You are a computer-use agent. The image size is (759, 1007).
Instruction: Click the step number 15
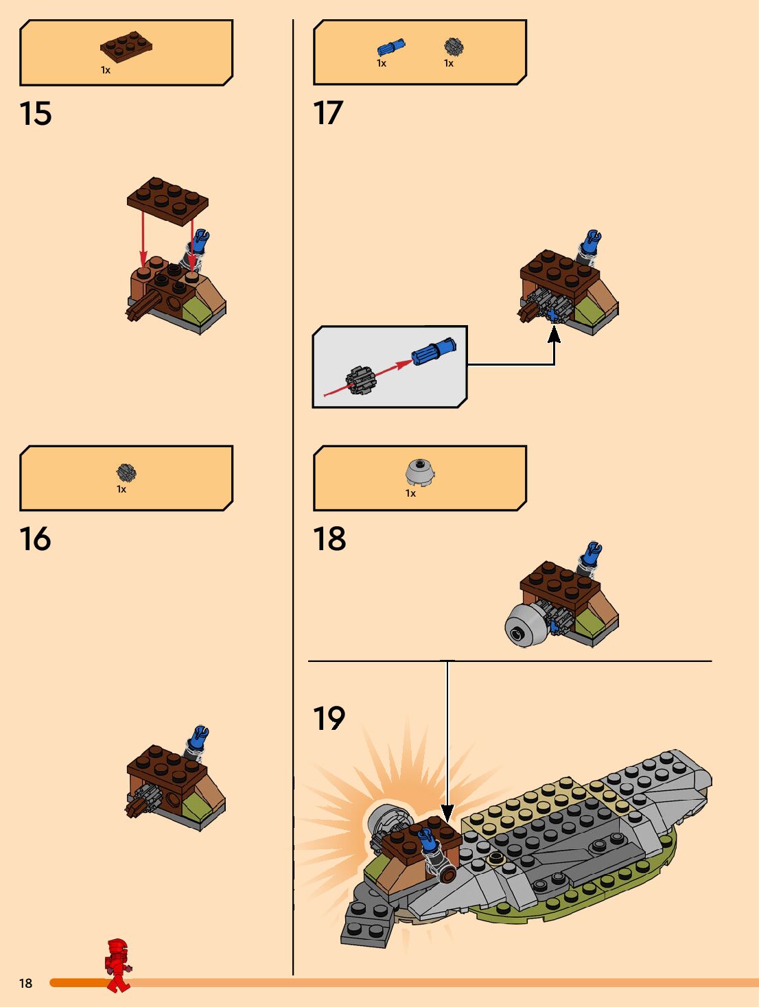[x=36, y=114]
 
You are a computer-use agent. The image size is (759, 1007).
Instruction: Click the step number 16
[x=36, y=539]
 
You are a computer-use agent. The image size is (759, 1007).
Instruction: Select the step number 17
[x=328, y=113]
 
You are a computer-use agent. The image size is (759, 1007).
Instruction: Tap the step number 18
[x=329, y=539]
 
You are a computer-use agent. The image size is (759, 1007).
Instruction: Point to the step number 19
[x=329, y=719]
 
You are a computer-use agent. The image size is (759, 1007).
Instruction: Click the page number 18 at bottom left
[x=25, y=983]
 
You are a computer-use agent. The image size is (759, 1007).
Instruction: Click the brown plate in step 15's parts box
[x=126, y=47]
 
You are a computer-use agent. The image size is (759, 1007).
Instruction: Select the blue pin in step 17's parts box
[x=390, y=47]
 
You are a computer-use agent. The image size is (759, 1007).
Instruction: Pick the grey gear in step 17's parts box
[x=453, y=47]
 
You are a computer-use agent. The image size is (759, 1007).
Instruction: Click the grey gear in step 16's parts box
[x=126, y=472]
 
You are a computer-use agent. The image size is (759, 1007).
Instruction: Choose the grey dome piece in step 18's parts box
[x=420, y=472]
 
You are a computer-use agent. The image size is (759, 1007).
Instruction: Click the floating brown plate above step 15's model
[x=167, y=200]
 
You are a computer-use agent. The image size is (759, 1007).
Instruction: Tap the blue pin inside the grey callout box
[x=433, y=351]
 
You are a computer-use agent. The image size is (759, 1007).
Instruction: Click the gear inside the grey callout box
[x=360, y=381]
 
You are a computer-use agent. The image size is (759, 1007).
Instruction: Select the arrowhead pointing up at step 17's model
[x=554, y=334]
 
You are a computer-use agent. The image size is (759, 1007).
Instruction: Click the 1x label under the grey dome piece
[x=410, y=493]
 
